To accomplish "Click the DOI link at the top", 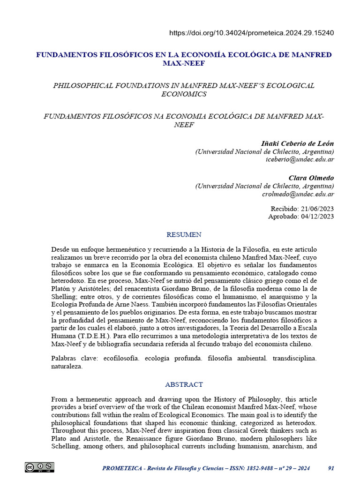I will click(x=251, y=33).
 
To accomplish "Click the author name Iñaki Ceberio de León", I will click(x=297, y=143).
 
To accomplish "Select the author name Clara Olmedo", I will click(x=311, y=178).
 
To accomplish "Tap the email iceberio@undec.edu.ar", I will click(x=300, y=160).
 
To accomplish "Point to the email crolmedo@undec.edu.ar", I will click(x=298, y=194).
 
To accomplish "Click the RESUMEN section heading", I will click(x=184, y=234).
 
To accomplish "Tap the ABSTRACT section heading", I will click(x=184, y=384).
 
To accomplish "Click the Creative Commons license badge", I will click(x=39, y=467).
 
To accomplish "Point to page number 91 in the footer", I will click(x=331, y=468).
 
